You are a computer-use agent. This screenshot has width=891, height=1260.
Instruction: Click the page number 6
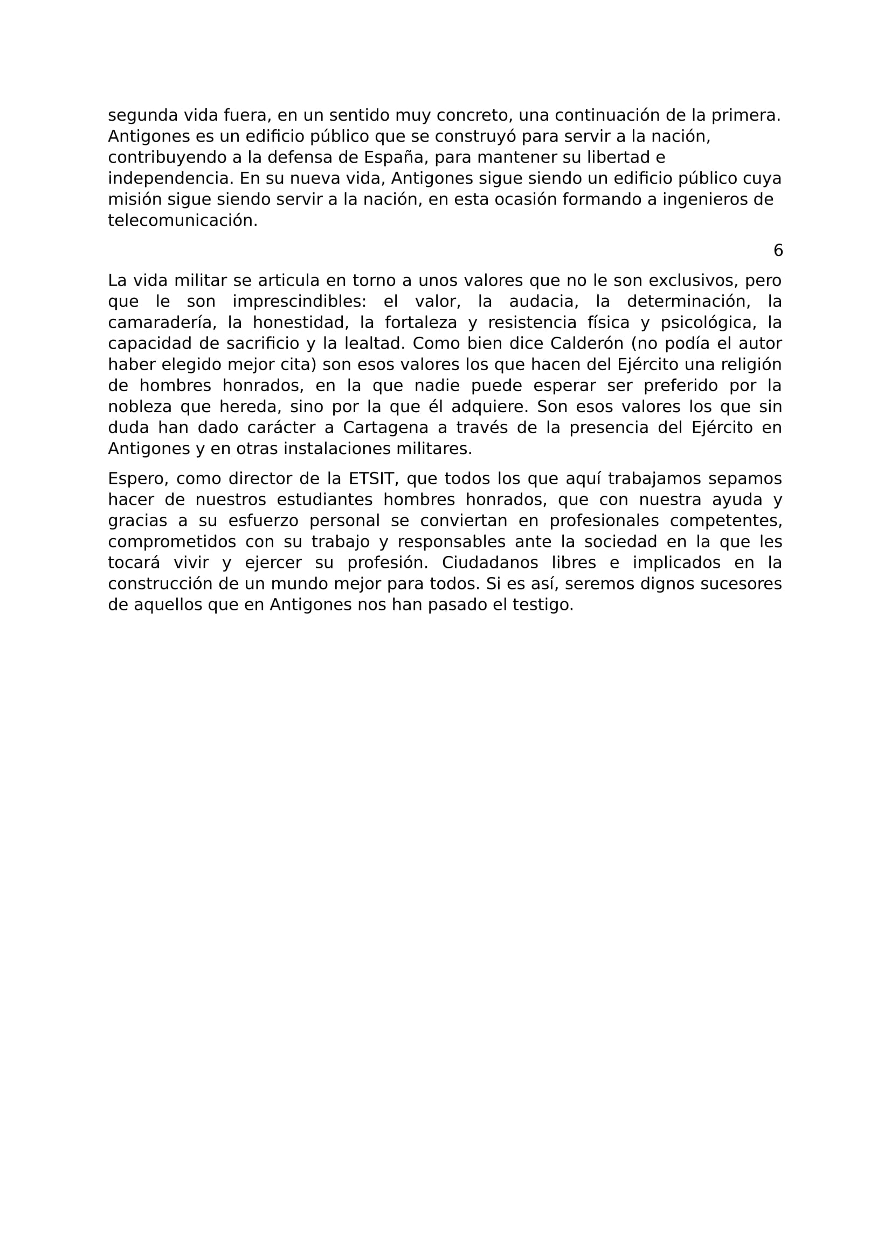(x=778, y=251)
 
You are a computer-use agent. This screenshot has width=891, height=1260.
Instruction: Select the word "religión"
(x=749, y=364)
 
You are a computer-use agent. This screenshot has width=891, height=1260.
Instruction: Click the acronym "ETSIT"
(x=372, y=478)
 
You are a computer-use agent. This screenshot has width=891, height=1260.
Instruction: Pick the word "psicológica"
(x=708, y=323)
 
